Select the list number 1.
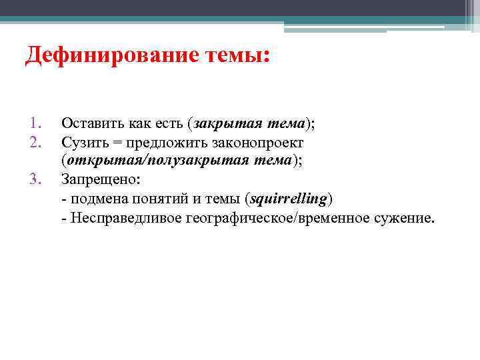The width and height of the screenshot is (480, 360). [36, 123]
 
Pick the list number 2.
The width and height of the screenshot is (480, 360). [36, 142]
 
